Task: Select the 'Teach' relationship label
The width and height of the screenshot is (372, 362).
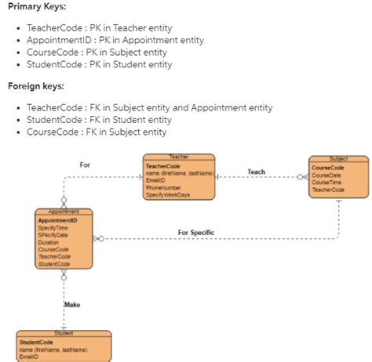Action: click(x=256, y=172)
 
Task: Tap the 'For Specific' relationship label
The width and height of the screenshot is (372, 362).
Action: click(x=196, y=233)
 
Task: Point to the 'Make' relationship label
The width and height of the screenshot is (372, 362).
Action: click(x=72, y=304)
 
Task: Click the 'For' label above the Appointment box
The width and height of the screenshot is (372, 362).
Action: click(x=85, y=165)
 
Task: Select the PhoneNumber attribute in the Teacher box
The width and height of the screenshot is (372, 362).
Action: click(x=163, y=187)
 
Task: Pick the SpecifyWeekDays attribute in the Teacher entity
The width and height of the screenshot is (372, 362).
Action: click(x=168, y=194)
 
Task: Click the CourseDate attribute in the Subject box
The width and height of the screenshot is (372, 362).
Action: click(x=326, y=176)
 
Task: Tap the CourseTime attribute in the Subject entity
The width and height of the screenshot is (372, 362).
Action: click(x=326, y=183)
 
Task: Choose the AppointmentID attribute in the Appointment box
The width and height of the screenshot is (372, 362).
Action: click(x=57, y=221)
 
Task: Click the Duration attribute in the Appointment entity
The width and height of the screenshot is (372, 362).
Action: click(x=49, y=242)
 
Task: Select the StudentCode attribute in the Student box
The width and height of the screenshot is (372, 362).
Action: click(x=36, y=342)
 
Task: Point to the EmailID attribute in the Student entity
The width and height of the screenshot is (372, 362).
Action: click(x=31, y=356)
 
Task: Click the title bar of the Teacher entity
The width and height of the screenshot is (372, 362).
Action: click(x=179, y=157)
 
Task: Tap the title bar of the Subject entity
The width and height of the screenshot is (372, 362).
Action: click(x=339, y=159)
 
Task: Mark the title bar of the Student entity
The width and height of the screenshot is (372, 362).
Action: click(x=64, y=334)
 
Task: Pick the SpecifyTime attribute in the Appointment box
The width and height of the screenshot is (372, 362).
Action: click(x=53, y=228)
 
